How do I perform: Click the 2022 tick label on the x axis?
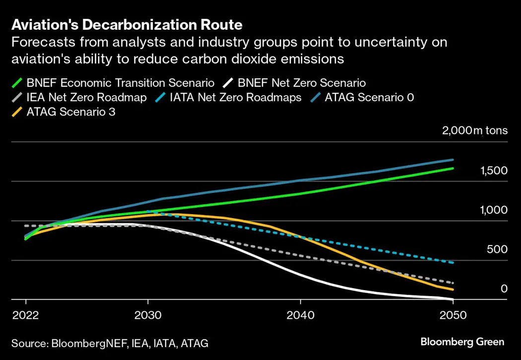point(25,315)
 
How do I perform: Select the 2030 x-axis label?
point(148,315)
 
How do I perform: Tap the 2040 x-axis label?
point(300,315)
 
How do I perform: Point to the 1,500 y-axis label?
point(494,171)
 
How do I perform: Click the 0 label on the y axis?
point(504,289)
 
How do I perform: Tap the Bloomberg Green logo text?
point(462,342)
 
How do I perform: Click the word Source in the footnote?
point(28,343)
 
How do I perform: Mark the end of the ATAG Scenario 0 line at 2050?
point(453,160)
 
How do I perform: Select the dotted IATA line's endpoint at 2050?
point(453,262)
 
